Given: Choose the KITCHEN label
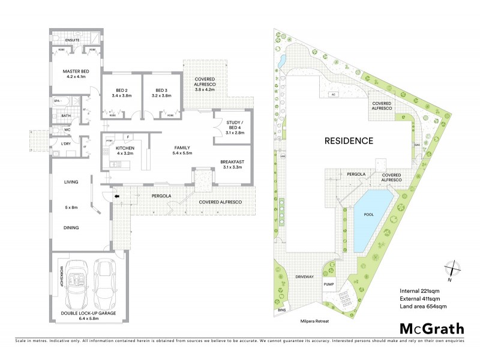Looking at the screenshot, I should [124, 149].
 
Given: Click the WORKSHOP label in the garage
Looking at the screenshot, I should [61, 280].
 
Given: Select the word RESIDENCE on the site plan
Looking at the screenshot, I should [349, 142].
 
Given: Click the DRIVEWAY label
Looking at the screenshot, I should [305, 277].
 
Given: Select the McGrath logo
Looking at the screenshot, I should [431, 329].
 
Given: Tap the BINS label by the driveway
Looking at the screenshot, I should [282, 310].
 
